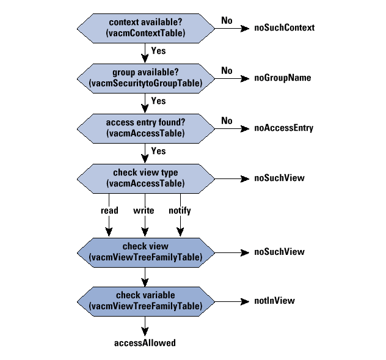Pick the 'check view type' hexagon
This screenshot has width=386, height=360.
point(145,178)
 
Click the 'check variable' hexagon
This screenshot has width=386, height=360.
point(145,300)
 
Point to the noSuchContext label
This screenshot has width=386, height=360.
point(284,28)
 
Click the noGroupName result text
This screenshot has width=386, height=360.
point(283,78)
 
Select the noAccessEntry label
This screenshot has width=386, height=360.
point(284,128)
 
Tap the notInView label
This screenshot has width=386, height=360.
point(274,301)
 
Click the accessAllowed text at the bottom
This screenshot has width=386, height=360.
point(145,343)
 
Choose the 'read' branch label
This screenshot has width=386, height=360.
point(109,211)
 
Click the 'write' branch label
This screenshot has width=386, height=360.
point(144,211)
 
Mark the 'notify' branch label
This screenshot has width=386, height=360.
point(180,211)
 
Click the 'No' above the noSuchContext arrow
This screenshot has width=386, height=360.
point(227,21)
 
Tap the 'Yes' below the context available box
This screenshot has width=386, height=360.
point(158,51)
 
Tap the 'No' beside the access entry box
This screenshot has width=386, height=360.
point(227,121)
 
